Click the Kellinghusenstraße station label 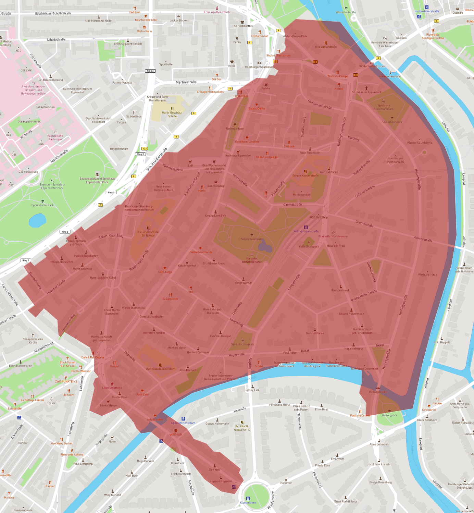coord(306,231)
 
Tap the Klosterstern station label coord(248,502)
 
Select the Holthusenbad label coord(301,195)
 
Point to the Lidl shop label coord(190,166)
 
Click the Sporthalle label coord(166,64)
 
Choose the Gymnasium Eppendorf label coord(160,369)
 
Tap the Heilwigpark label coord(389,415)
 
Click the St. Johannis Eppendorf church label coord(366,92)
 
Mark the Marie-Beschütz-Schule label coord(172,114)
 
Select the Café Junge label coord(165,272)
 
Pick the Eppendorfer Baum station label coord(183,423)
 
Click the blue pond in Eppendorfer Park coord(37,221)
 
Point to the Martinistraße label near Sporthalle coord(186,82)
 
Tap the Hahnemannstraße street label coord(320,104)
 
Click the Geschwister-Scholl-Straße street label coord(53,13)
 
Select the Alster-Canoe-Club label coord(295,36)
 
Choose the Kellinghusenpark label coord(252,239)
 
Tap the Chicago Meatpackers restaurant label coord(210,92)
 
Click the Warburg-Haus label coord(427,274)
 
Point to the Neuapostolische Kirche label coord(33,341)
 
